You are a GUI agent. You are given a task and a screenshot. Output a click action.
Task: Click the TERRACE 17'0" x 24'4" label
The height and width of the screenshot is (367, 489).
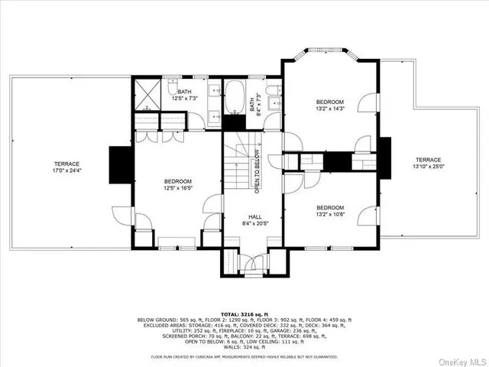(66, 167)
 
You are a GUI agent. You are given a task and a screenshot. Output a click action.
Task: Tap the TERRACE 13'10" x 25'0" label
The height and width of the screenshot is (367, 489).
(427, 162)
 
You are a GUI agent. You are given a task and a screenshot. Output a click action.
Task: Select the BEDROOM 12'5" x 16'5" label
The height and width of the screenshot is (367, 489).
(177, 184)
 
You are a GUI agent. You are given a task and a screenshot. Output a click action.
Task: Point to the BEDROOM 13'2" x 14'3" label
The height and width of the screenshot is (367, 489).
(331, 106)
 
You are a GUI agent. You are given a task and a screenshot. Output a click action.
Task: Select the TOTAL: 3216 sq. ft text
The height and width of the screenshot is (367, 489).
(244, 313)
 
